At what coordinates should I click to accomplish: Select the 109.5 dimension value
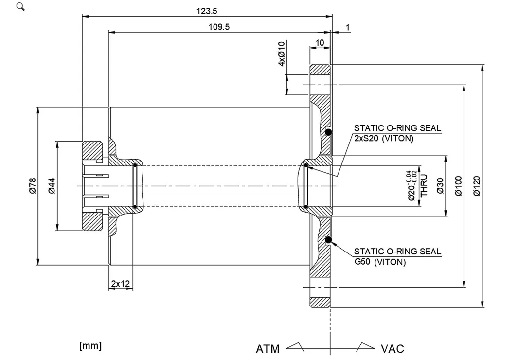coord(219,27)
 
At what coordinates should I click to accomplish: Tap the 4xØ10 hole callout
coord(281,54)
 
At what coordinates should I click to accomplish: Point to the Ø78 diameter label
coord(32,186)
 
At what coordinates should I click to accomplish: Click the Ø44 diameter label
coord(52,186)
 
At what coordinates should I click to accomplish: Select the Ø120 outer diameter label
coord(477,186)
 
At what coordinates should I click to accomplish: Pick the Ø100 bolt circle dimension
coord(458,186)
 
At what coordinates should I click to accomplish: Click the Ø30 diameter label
coord(440,186)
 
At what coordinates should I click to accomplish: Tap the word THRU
coord(424,185)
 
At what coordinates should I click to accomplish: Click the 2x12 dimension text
coord(120,283)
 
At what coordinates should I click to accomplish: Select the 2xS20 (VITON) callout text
coord(384,138)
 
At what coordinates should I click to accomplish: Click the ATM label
coord(268,349)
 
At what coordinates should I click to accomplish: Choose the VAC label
coord(393,349)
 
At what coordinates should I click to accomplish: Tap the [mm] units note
coord(90,346)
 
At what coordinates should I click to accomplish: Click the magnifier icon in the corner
coord(20,7)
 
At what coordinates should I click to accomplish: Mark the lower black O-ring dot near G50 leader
coord(328,239)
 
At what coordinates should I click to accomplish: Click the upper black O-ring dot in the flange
coord(328,132)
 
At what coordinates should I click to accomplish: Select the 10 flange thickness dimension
coord(320,43)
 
